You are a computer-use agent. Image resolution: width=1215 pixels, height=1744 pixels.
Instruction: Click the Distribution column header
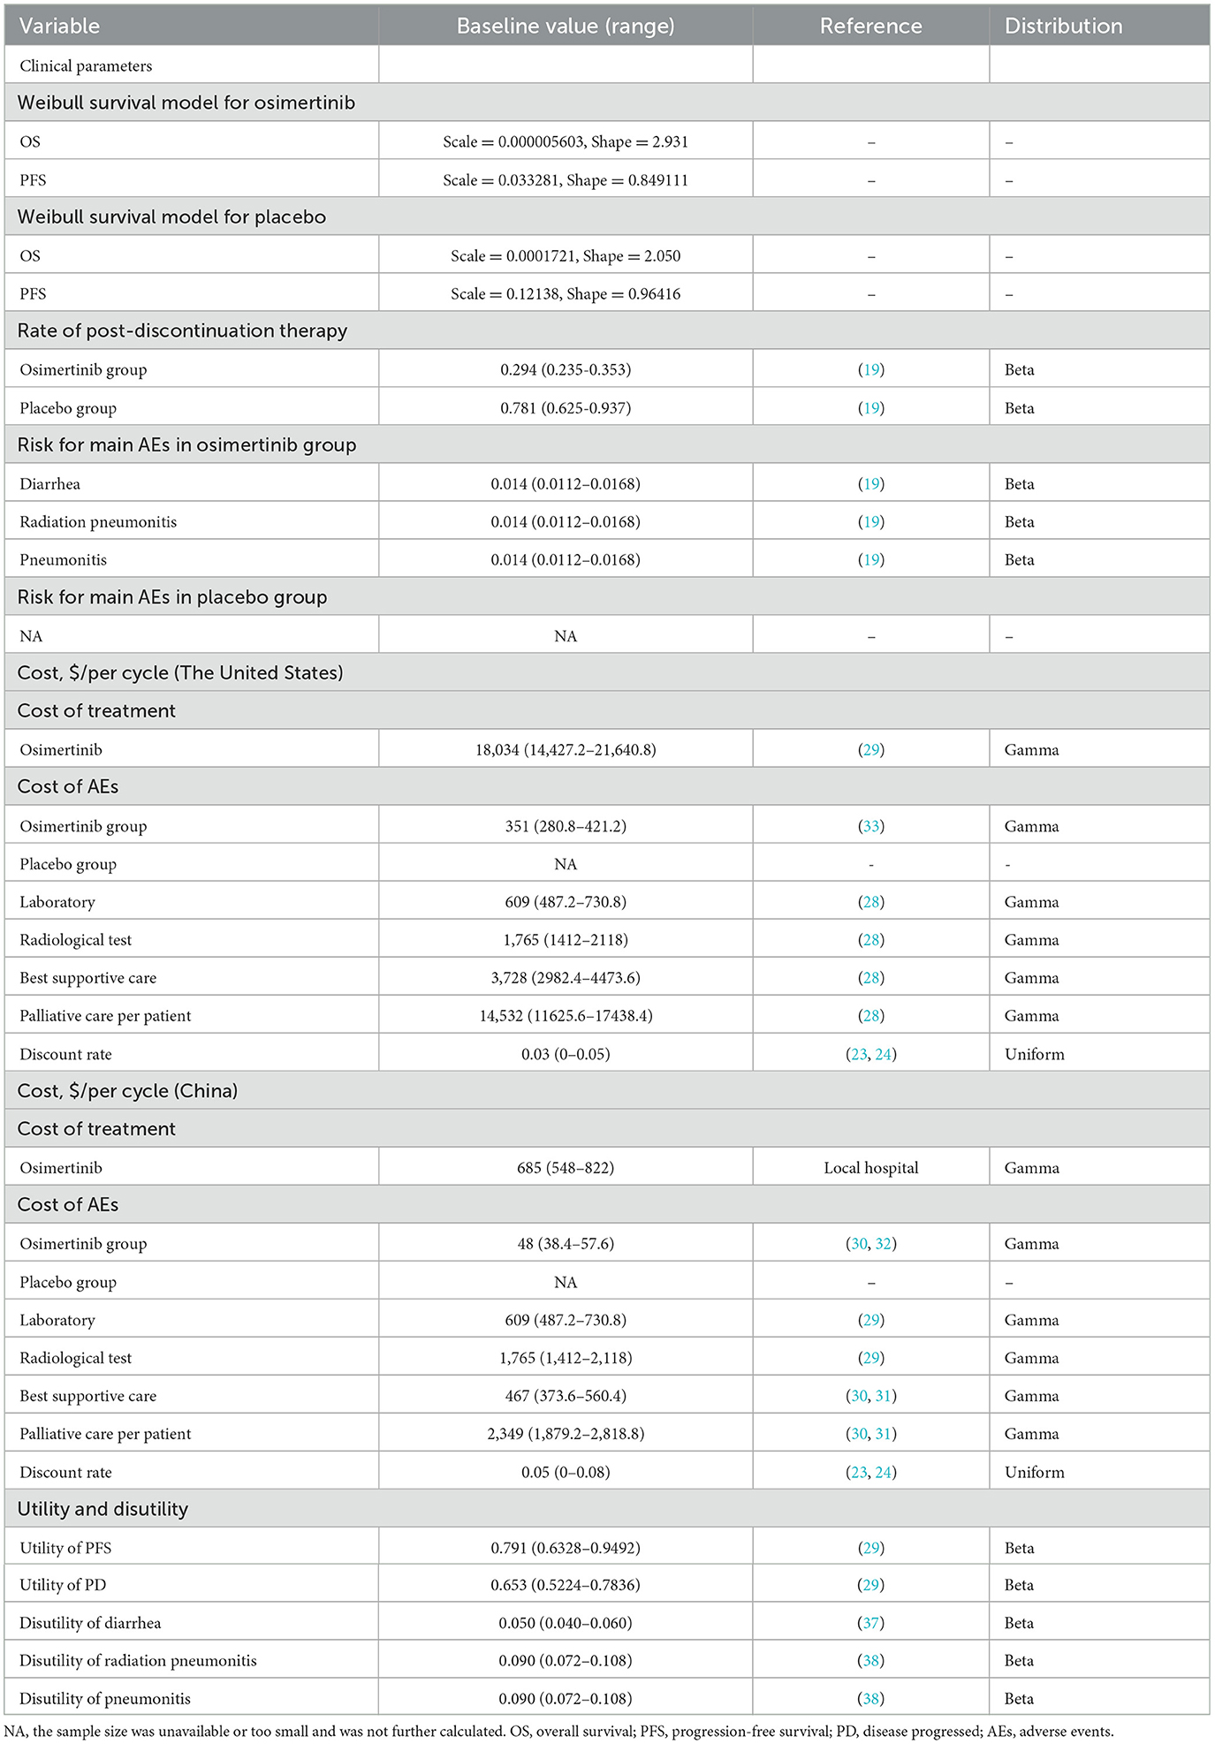1063,27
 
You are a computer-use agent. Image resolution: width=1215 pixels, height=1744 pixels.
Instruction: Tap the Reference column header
870,27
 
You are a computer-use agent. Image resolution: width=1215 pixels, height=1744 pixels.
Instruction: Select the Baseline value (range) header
566,27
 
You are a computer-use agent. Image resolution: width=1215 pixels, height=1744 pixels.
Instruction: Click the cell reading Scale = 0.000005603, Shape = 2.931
566,141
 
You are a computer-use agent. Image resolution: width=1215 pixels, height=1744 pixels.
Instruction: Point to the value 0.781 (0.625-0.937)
566,408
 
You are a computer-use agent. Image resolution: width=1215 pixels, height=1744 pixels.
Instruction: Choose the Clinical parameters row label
86,66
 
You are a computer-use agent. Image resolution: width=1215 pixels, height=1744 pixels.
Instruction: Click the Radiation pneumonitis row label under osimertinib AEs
98,522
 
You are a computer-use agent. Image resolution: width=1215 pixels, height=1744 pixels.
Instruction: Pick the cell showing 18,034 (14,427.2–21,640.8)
566,750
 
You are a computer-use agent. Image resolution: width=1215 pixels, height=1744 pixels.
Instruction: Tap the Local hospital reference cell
870,1168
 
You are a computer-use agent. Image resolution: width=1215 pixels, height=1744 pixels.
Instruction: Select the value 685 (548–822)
566,1168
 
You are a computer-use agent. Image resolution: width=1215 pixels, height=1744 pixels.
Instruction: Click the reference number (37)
870,1623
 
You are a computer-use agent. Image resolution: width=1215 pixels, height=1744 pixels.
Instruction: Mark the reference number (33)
870,827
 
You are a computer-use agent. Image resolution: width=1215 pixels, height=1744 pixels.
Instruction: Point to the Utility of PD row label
63,1585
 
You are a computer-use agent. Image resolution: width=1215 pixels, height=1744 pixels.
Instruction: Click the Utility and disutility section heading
103,1509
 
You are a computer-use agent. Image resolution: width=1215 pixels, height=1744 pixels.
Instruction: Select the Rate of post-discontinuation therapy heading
182,331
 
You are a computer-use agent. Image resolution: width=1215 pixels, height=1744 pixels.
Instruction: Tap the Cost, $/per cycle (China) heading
127,1091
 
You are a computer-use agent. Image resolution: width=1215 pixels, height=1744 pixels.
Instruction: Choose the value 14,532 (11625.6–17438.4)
566,1016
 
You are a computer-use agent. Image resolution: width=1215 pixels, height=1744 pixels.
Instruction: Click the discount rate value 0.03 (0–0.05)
566,1054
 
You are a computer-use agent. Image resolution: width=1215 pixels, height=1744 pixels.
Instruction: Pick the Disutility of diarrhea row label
90,1623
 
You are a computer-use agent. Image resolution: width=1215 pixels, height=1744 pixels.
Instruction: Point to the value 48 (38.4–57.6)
566,1244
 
